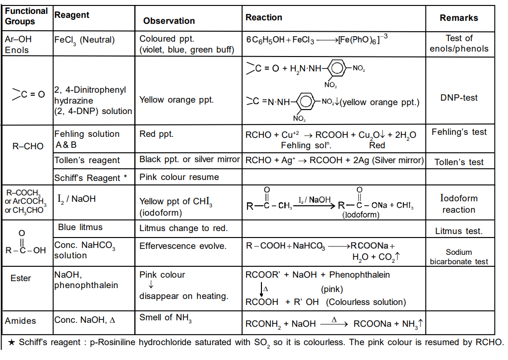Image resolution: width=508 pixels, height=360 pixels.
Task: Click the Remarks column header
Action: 459,18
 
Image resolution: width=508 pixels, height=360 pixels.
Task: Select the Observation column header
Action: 169,21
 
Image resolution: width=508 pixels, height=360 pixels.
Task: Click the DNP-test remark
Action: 459,98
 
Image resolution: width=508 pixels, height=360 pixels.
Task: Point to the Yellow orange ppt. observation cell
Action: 177,100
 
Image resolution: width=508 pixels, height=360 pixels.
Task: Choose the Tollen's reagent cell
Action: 87,160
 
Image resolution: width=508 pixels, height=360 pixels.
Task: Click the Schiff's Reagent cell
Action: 90,178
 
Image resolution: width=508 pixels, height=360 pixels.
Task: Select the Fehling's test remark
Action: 459,132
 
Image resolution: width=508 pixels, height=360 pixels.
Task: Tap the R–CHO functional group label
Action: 28,146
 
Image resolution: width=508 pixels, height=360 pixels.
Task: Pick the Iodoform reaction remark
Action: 459,204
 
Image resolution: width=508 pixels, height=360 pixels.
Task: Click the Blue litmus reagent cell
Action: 80,228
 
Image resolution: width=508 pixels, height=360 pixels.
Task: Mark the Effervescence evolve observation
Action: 183,246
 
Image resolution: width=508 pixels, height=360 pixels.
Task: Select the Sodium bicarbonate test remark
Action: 459,257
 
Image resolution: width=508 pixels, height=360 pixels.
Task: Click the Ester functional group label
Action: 21,279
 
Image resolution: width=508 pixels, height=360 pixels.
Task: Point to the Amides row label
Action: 20,321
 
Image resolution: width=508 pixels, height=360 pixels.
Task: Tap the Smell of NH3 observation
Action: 165,318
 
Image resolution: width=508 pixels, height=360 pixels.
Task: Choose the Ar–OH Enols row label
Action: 17,44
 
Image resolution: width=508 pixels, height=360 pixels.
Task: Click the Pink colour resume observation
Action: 179,178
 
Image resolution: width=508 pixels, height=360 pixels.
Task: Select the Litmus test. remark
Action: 459,231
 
